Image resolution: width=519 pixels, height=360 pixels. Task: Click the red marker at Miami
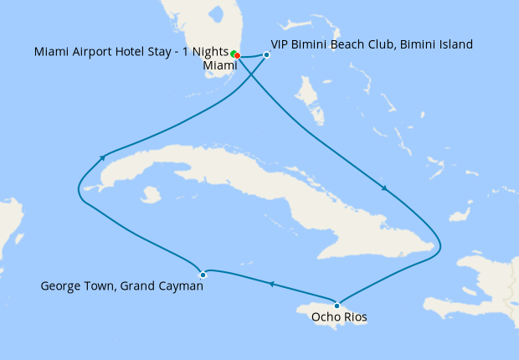(x=238, y=56)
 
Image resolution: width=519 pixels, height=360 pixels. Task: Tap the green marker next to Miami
(x=234, y=54)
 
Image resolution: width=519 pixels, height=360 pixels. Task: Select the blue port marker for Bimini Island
(x=266, y=55)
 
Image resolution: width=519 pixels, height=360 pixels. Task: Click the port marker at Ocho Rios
(x=337, y=305)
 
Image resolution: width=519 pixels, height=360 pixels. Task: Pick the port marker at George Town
(x=203, y=275)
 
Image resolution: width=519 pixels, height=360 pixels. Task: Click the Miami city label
(x=218, y=65)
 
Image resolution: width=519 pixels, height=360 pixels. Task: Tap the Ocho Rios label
(x=338, y=317)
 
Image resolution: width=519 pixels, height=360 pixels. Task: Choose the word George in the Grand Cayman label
(x=59, y=287)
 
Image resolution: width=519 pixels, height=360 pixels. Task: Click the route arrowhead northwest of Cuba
(x=102, y=157)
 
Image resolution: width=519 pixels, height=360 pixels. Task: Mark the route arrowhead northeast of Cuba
(x=384, y=188)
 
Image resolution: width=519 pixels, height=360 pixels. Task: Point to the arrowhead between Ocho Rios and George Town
(x=271, y=285)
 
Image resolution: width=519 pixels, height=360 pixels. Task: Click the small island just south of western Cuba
(x=152, y=195)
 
